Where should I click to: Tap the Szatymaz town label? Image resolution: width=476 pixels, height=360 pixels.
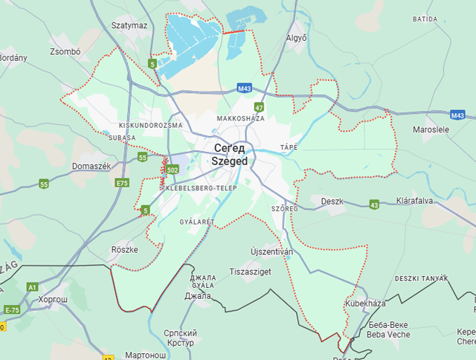129,25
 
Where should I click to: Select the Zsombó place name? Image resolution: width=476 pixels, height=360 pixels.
64,52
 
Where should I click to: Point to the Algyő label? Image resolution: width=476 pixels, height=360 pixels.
297,37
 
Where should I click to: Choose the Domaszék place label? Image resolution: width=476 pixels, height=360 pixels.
91,166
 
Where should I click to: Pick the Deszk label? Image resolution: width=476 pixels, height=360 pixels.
332,202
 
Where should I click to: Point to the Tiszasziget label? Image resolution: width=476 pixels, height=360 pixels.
250,272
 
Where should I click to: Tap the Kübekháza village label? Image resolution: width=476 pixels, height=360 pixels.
366,304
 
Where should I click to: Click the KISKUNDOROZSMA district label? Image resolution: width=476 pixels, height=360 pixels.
150,126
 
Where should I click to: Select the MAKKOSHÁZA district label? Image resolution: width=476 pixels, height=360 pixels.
240,119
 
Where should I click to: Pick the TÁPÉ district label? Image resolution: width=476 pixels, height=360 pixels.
289,147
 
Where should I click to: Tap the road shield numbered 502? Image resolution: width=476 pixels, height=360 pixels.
173,170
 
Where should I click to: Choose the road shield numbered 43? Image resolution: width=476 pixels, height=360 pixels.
373,205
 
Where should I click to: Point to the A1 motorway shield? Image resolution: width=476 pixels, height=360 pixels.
32,287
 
